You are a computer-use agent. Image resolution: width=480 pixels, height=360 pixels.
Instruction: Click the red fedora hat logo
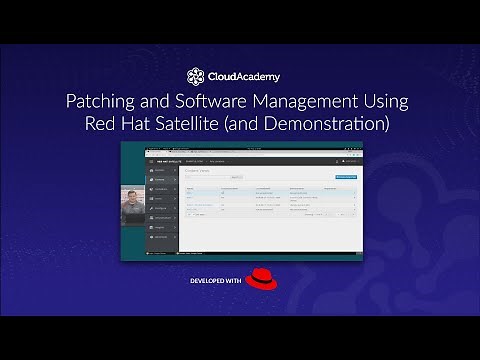pyautogui.click(x=260, y=278)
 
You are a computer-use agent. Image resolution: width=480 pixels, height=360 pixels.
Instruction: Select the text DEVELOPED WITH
pyautogui.click(x=215, y=281)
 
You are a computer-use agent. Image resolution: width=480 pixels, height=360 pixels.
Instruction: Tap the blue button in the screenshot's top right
pyautogui.click(x=345, y=177)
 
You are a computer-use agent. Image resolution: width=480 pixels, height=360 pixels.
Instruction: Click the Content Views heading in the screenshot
pyautogui.click(x=198, y=170)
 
